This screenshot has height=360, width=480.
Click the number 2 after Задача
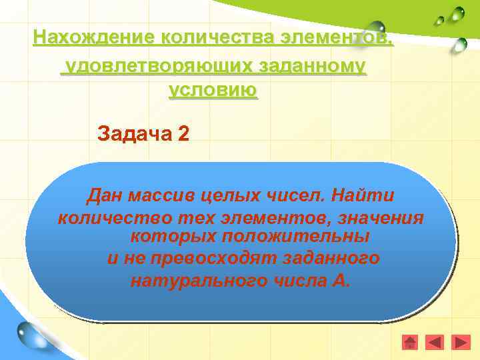click(183, 133)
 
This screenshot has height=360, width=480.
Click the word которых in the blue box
click(173, 237)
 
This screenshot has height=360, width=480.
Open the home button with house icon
click(410, 342)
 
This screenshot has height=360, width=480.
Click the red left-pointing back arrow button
click(435, 342)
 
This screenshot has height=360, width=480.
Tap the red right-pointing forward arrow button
click(460, 342)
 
